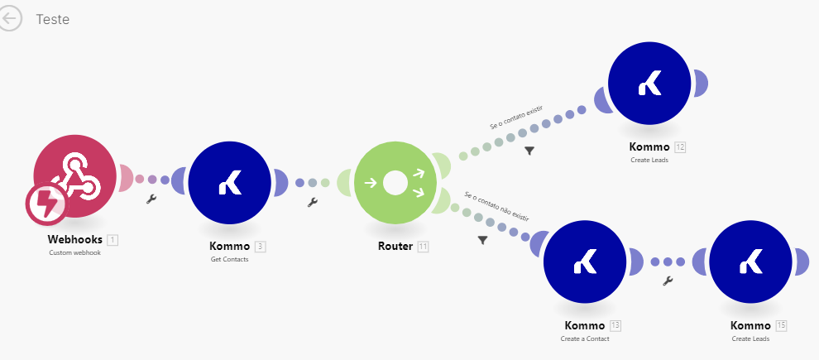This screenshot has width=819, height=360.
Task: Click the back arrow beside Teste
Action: (11, 20)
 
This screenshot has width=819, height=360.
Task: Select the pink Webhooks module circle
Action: (79, 170)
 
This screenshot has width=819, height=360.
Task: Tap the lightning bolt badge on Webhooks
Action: (46, 204)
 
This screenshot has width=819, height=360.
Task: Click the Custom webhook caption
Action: (74, 252)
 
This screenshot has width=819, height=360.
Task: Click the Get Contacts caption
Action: (229, 259)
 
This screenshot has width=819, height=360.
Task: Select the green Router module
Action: (395, 183)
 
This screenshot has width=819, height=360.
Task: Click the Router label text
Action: (395, 246)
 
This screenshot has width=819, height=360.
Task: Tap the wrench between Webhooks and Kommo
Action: (151, 199)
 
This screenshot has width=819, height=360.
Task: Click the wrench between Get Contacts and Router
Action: (312, 202)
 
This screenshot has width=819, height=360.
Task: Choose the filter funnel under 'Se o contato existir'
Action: (529, 151)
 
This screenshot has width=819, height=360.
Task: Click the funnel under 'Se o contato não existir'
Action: (482, 240)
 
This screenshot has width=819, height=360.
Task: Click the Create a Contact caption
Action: (584, 338)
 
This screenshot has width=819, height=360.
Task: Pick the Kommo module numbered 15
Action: (750, 262)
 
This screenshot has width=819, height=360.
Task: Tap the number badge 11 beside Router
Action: (423, 247)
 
